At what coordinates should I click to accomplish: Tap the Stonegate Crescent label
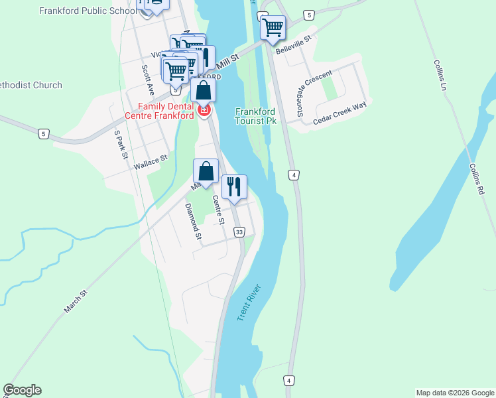click(313, 94)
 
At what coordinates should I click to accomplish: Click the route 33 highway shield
click(239, 232)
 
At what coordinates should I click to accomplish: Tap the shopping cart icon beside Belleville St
click(272, 28)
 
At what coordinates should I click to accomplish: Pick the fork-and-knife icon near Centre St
click(233, 186)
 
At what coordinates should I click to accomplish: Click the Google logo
click(23, 390)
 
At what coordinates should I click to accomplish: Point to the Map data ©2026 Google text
click(455, 393)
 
